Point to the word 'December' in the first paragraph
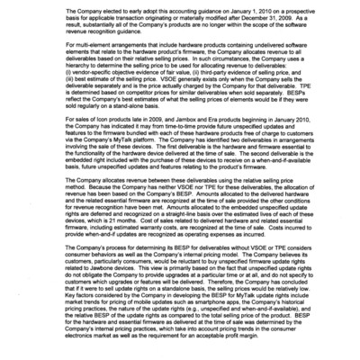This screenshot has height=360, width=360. [241, 21]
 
